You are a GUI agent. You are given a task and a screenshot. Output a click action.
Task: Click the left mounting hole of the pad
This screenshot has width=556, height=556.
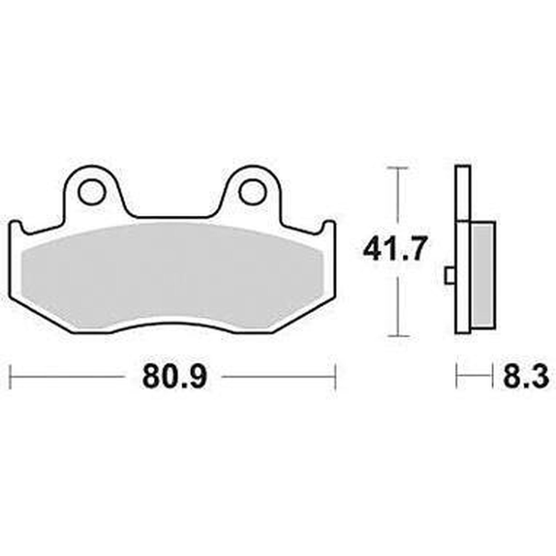[92, 192]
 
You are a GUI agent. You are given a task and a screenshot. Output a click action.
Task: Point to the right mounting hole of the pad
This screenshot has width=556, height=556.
[252, 192]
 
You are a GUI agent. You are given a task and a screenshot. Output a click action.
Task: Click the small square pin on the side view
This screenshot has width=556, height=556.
[450, 275]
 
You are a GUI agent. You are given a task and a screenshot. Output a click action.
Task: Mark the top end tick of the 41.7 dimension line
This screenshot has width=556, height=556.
[398, 167]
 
